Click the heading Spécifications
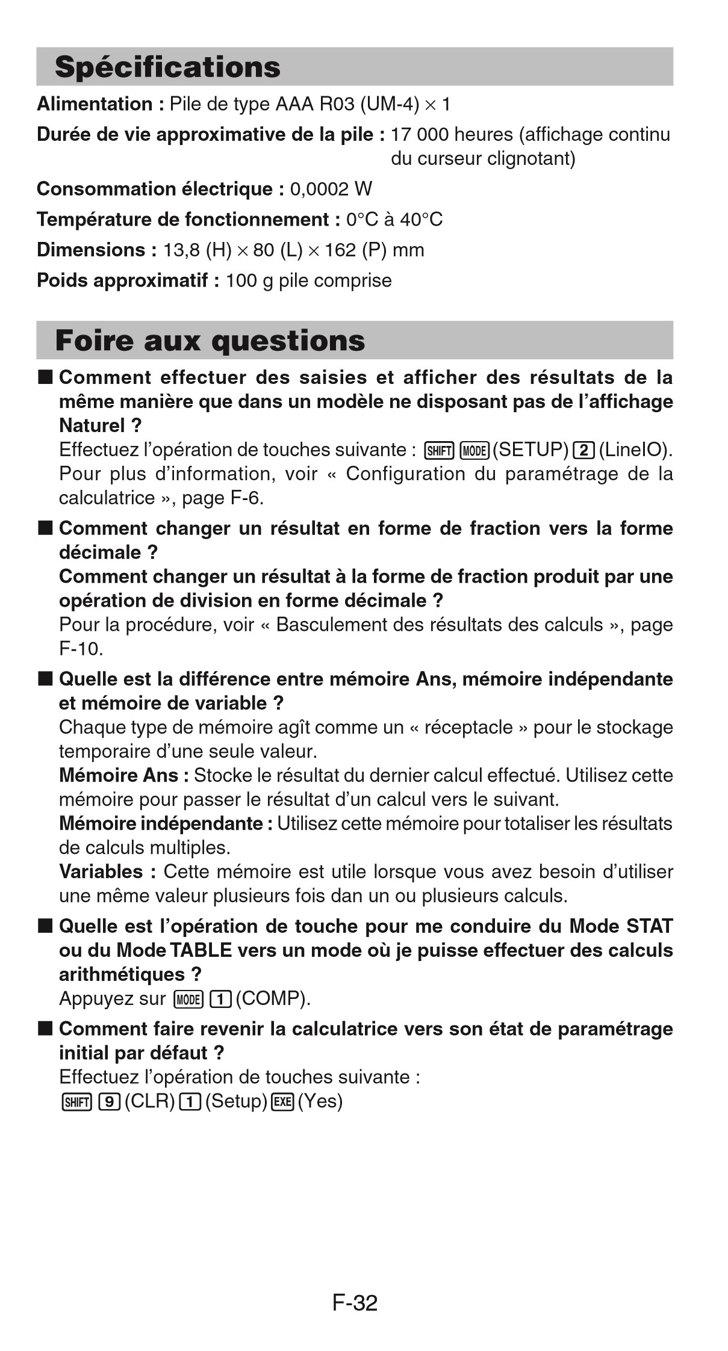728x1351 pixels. point(167,67)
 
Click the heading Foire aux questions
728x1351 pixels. point(210,341)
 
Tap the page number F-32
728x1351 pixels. point(355,1302)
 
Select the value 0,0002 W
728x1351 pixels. point(331,190)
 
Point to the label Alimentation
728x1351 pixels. point(95,104)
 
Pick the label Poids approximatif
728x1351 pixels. point(123,280)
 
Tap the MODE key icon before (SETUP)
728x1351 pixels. point(474,450)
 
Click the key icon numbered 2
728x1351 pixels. point(583,450)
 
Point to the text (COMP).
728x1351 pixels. point(273,999)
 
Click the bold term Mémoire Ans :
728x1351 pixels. point(124,775)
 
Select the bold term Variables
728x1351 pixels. point(101,871)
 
